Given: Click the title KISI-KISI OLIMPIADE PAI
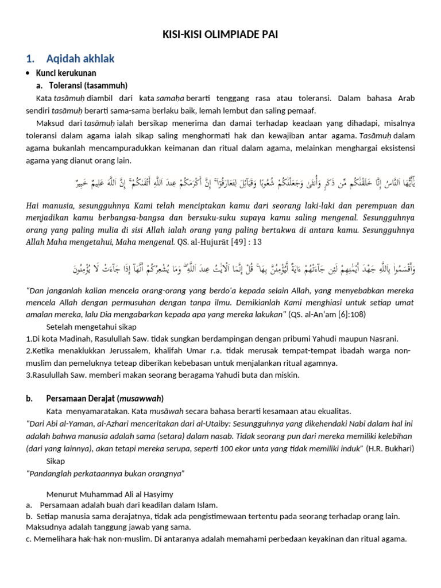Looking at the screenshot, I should click(x=220, y=35).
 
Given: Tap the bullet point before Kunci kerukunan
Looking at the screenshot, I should click(x=28, y=73).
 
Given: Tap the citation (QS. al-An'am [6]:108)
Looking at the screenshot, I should click(x=327, y=314).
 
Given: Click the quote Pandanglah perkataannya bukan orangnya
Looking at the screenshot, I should click(x=106, y=473).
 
